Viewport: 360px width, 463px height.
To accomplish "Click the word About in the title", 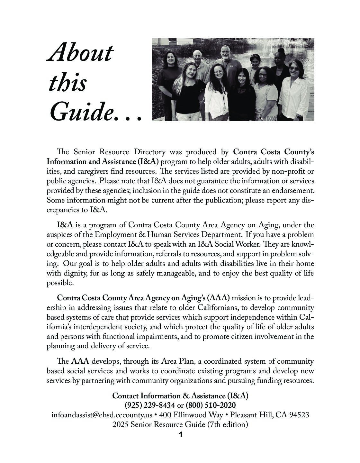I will tap(80, 53).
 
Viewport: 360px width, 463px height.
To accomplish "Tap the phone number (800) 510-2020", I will tap(211, 405).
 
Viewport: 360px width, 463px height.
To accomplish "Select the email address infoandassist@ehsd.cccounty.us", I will tap(102, 415).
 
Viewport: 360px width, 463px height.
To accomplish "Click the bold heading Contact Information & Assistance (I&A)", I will tap(180, 395).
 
